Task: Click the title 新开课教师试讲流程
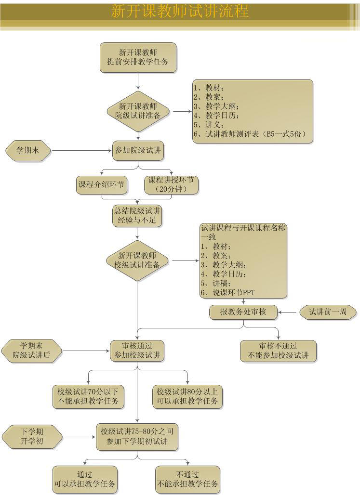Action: pyautogui.click(x=180, y=11)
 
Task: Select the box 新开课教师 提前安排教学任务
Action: pyautogui.click(x=138, y=57)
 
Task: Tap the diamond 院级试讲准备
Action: pyautogui.click(x=138, y=111)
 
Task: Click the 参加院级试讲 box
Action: pyautogui.click(x=138, y=151)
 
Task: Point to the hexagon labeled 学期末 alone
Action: pyautogui.click(x=28, y=151)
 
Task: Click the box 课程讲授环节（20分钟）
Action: pyautogui.click(x=171, y=184)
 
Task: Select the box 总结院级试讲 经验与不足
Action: pyautogui.click(x=137, y=216)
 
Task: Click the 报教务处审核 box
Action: pyautogui.click(x=243, y=312)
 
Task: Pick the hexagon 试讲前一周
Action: pyautogui.click(x=328, y=312)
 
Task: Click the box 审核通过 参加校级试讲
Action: pyautogui.click(x=137, y=351)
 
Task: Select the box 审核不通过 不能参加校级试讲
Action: pyautogui.click(x=278, y=351)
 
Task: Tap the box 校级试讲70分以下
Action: pyautogui.click(x=88, y=396)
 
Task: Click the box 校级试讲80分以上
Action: pyautogui.click(x=187, y=396)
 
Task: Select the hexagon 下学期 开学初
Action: pyautogui.click(x=32, y=436)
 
